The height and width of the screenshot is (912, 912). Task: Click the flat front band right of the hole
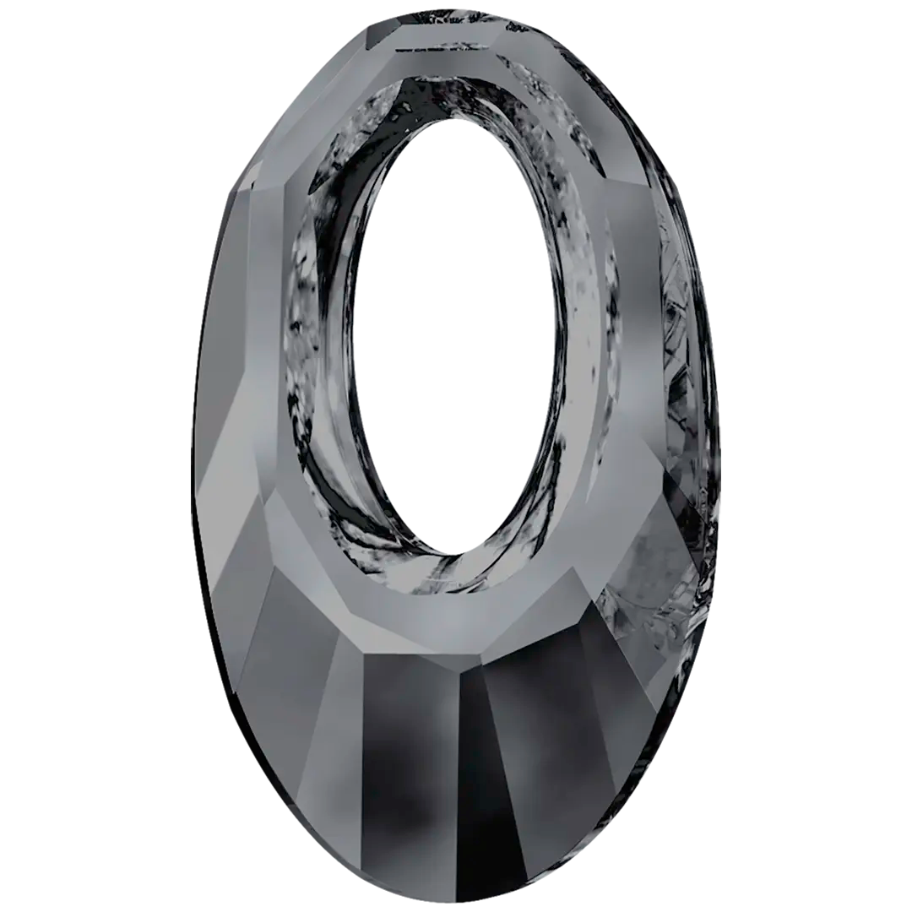coord(629,338)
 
